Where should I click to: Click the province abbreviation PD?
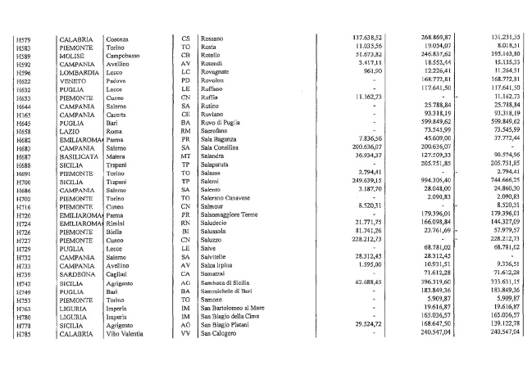(x=185, y=81)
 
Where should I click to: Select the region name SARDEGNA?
(x=76, y=274)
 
